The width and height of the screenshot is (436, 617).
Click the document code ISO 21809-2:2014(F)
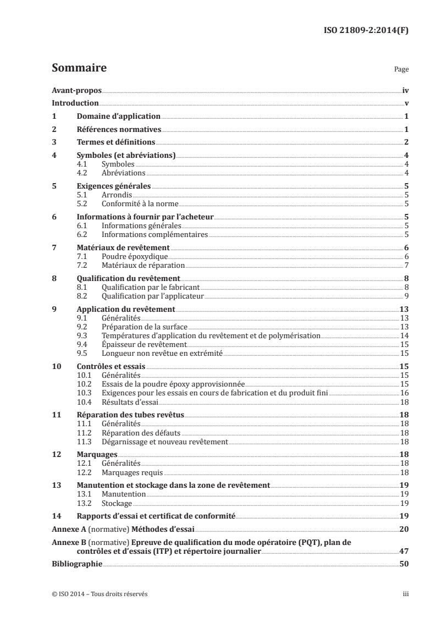pyautogui.click(x=365, y=31)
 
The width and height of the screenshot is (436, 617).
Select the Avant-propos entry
pyautogui.click(x=76, y=90)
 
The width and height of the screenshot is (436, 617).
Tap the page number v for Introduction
pyautogui.click(x=406, y=103)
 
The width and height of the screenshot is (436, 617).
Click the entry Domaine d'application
pyautogui.click(x=118, y=117)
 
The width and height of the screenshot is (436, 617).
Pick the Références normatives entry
pyautogui.click(x=118, y=129)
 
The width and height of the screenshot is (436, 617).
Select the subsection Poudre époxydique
pyautogui.click(x=126, y=256)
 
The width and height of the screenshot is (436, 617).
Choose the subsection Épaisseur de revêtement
pyautogui.click(x=132, y=344)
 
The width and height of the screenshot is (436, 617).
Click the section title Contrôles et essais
pyautogui.click(x=111, y=366)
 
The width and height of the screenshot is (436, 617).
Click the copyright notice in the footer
pyautogui.click(x=99, y=594)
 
